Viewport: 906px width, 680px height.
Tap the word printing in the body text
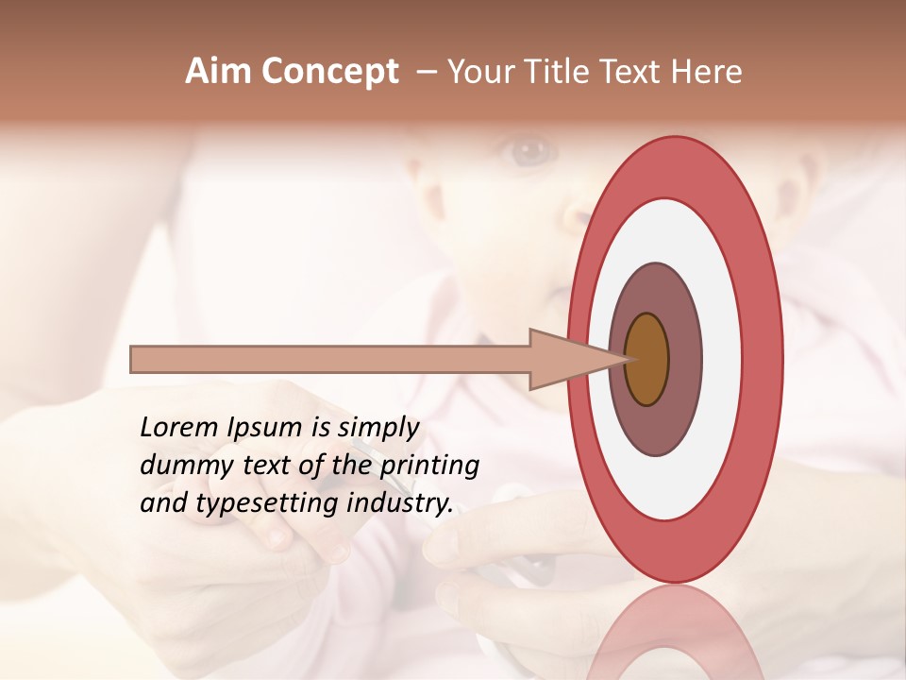[x=429, y=465]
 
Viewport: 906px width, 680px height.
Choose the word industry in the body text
[x=400, y=502]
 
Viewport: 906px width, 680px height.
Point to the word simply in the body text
[x=377, y=428]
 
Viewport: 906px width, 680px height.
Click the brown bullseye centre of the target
[x=646, y=360]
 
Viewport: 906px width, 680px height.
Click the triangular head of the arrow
[x=566, y=360]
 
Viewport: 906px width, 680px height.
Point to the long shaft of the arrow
[x=330, y=360]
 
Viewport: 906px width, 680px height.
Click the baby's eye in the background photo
[x=528, y=148]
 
